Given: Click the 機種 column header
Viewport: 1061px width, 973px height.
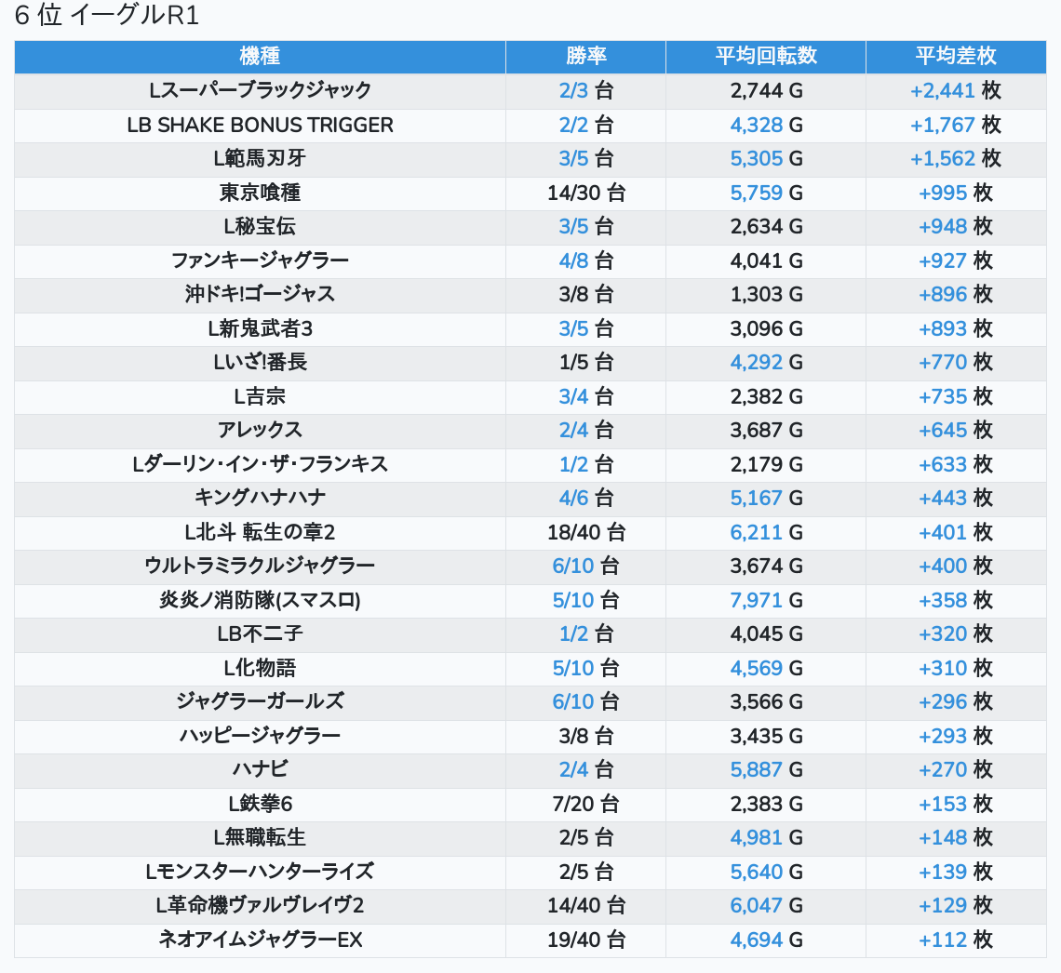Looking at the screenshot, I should click(x=260, y=56).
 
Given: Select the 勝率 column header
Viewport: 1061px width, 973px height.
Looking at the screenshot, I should click(x=585, y=56).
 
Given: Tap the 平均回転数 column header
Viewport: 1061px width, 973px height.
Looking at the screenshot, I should click(x=766, y=56).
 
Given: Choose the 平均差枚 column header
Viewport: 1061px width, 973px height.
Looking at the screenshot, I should click(x=956, y=56).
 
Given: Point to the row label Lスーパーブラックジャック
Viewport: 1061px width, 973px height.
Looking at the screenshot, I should click(x=260, y=90).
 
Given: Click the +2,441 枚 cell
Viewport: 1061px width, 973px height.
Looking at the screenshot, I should click(x=956, y=90).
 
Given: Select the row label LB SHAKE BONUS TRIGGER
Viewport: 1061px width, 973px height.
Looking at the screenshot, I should click(x=260, y=125).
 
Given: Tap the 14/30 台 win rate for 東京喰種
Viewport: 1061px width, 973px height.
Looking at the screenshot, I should click(x=585, y=193).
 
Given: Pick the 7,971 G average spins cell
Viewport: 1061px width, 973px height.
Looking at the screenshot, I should click(x=766, y=600).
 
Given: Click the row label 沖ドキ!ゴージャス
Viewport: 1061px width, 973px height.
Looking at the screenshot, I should click(x=260, y=294).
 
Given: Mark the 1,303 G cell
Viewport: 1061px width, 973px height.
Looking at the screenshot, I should click(x=766, y=294).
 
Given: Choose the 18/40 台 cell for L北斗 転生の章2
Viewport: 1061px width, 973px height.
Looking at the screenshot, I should click(x=585, y=532).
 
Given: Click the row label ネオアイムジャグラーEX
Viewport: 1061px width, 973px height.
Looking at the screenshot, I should click(x=260, y=940).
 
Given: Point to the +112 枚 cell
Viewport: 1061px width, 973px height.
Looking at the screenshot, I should click(x=956, y=940).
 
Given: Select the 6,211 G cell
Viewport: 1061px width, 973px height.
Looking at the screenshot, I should click(x=766, y=532).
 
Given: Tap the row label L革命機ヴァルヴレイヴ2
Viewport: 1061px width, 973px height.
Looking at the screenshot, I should click(x=260, y=905).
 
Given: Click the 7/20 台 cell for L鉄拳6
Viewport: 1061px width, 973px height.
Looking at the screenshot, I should click(x=585, y=804).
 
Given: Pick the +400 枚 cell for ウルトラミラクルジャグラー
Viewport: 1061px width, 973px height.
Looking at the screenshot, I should click(x=956, y=566).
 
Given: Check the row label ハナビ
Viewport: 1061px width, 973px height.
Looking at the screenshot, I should click(x=260, y=769).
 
